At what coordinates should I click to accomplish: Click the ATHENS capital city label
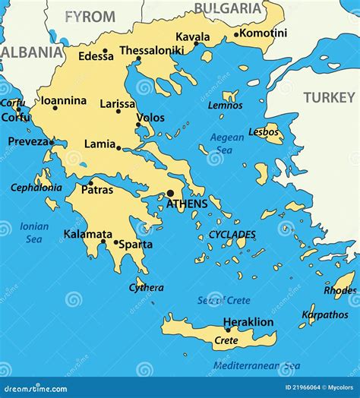point(186,204)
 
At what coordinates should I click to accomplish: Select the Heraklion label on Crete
point(248,322)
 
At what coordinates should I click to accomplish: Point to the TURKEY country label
point(329,97)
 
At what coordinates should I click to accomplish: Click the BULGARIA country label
point(227,8)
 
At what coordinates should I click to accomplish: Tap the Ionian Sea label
point(35,232)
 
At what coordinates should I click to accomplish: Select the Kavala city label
point(193,36)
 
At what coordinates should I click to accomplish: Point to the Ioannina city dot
point(55,108)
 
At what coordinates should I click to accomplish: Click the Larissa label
point(118,103)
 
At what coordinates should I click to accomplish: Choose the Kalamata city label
point(87,234)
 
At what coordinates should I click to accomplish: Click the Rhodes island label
point(339,290)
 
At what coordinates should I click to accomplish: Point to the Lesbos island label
point(264,131)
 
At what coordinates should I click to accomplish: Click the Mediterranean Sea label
point(256,365)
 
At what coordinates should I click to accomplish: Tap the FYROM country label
point(90,16)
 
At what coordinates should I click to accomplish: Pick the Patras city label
point(97,190)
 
